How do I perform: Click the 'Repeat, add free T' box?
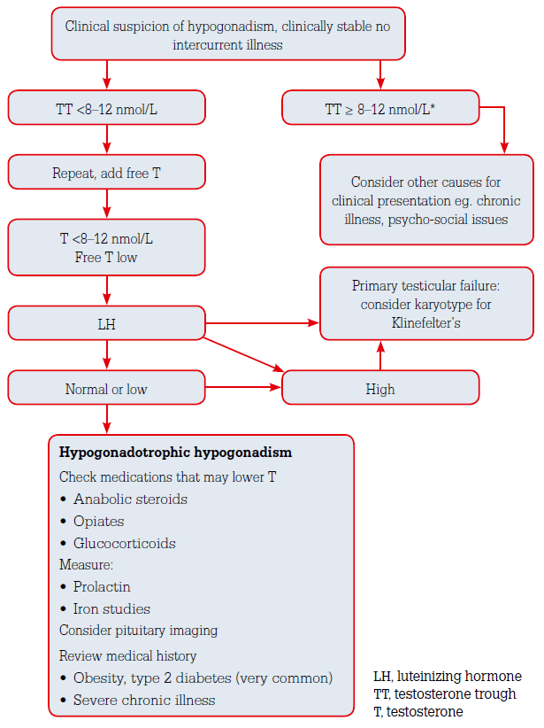pos(106,173)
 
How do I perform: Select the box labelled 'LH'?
pos(106,324)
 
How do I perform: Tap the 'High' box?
pos(380,389)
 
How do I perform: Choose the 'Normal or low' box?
pos(106,389)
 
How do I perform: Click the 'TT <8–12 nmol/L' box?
pos(106,109)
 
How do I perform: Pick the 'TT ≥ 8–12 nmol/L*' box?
pos(380,109)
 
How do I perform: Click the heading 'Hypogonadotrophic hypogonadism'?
pos(175,453)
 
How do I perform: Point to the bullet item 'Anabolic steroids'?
pos(130,499)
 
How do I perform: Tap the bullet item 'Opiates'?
pos(99,522)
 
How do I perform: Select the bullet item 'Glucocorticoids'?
pos(125,544)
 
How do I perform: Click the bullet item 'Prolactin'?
pos(103,587)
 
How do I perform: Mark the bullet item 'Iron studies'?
pos(111,609)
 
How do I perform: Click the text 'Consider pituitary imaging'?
pos(139,631)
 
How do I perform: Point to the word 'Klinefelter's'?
pos(427,324)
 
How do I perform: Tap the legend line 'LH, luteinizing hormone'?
pos(448,676)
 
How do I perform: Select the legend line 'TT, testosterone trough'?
pos(444,693)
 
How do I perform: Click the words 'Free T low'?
pos(106,256)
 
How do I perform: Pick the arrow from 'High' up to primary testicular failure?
pos(380,356)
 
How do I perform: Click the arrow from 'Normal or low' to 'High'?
pos(243,388)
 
